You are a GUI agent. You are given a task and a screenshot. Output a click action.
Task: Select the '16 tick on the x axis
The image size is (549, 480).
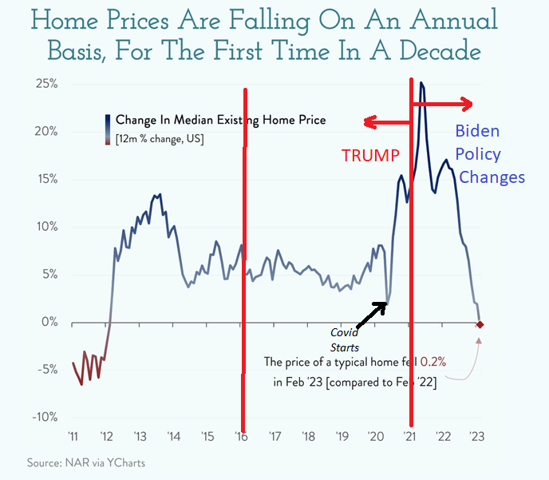241,437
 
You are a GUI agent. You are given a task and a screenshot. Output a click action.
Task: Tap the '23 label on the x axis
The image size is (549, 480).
477,437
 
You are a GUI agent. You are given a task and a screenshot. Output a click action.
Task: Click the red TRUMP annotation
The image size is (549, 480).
369,156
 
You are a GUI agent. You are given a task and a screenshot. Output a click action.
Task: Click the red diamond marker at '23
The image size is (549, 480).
480,323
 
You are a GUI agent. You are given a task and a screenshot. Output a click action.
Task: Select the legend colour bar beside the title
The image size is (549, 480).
106,129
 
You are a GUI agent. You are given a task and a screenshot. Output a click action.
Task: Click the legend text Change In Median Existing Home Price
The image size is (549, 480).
220,121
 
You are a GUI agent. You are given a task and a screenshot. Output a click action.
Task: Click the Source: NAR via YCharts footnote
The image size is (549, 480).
75,462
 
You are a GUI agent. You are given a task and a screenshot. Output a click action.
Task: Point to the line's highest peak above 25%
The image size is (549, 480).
421,83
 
